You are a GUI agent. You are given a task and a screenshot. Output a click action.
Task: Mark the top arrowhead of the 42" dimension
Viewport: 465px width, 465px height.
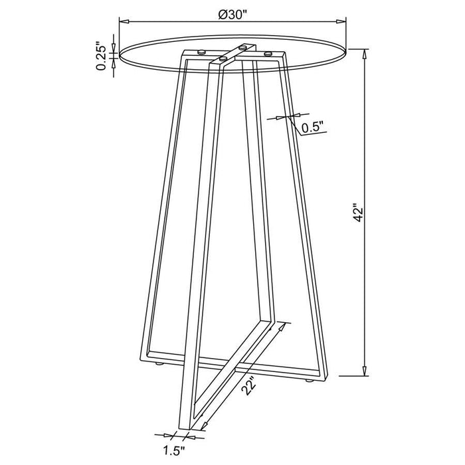(x=365, y=52)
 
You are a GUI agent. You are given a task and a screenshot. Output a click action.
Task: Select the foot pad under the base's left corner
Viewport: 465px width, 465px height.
(x=158, y=363)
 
